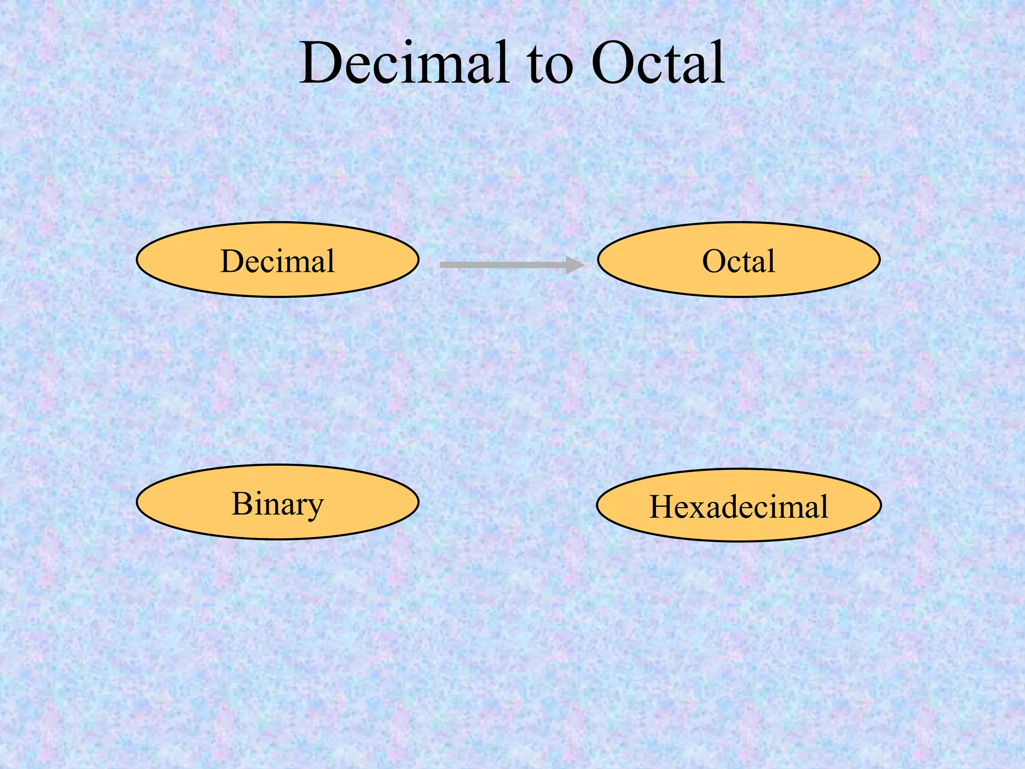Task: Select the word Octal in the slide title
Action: (658, 64)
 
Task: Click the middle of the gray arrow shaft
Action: (503, 265)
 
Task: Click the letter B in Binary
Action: (241, 503)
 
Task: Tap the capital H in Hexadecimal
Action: (662, 507)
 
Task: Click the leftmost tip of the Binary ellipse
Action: (138, 502)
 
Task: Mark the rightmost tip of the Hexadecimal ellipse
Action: (880, 505)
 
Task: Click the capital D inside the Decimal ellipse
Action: (232, 261)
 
